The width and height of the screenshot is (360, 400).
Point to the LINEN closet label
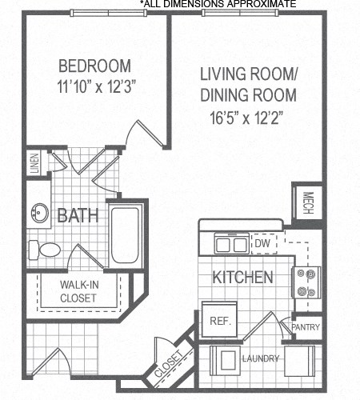click(x=34, y=163)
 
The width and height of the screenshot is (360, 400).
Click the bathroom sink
click(x=38, y=214)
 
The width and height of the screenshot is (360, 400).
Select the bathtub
click(x=125, y=235)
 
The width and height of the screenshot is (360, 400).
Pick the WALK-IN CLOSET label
click(x=78, y=291)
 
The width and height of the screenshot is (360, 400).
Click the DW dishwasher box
click(x=262, y=243)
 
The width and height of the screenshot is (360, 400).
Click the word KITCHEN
click(x=242, y=278)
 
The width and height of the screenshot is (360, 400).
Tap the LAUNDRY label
click(x=261, y=358)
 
